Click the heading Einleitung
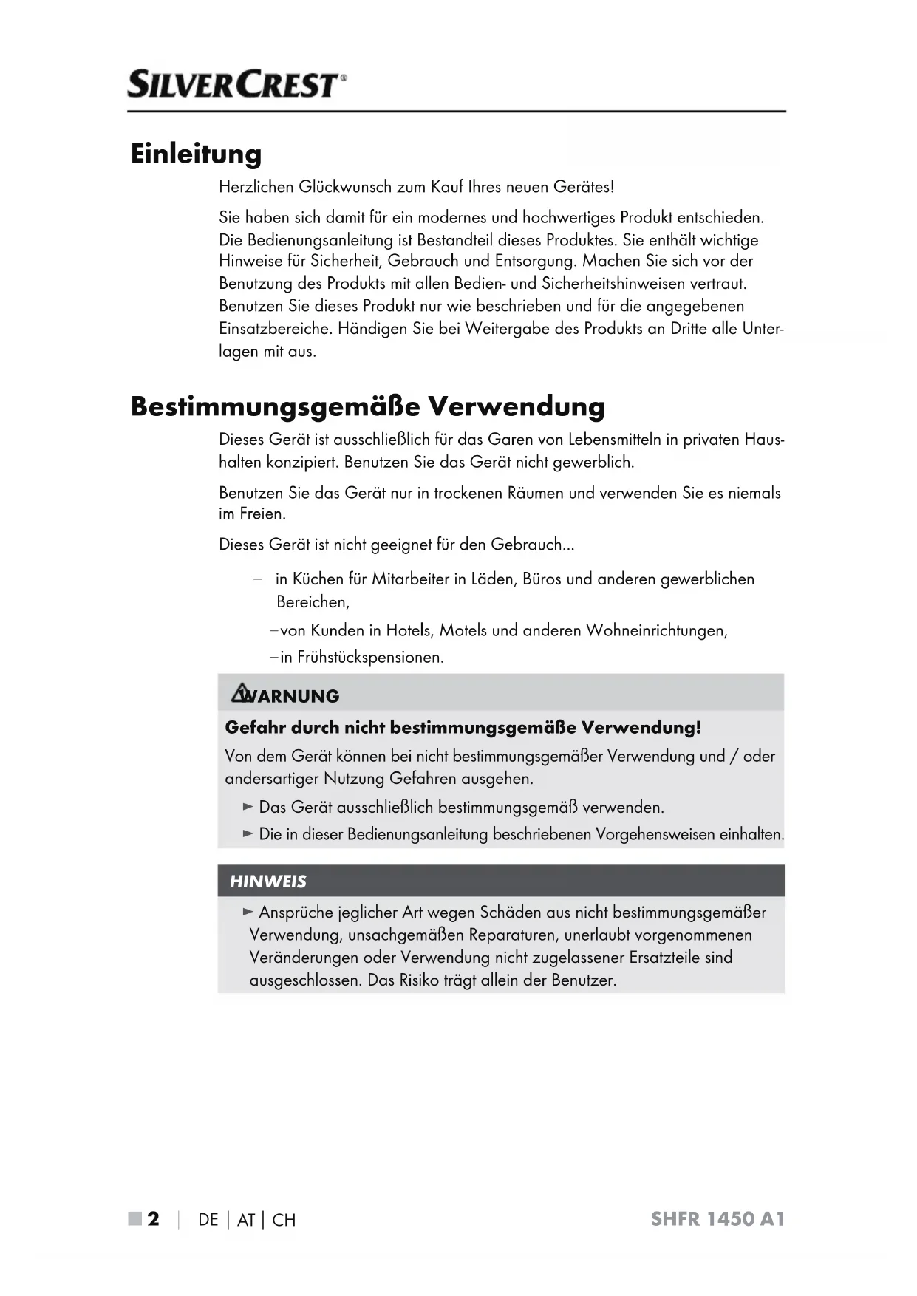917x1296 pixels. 196,154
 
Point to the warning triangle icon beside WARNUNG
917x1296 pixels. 240,694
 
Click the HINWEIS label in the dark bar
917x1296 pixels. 267,881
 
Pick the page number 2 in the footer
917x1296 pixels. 153,1219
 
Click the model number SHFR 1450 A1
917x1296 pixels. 717,1219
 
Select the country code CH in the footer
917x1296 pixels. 284,1220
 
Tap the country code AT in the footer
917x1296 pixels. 245,1220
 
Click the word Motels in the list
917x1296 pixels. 463,630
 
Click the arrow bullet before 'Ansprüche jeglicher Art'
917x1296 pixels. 248,913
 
